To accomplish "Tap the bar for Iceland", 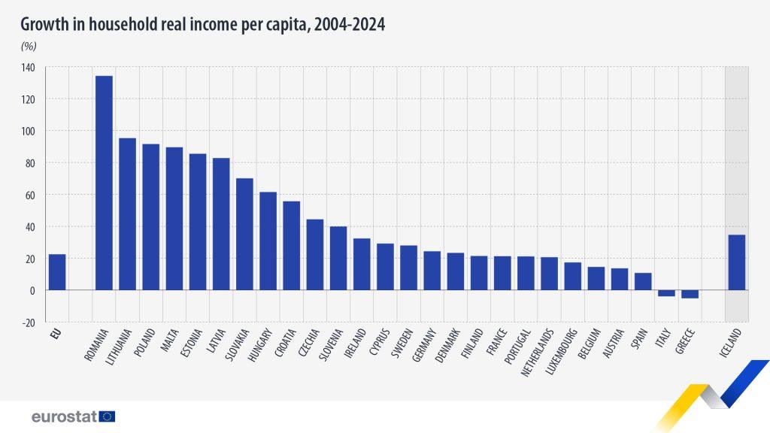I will (736, 262).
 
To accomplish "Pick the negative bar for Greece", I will (690, 294).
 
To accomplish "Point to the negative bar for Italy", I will (666, 293).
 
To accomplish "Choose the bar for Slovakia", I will (244, 234).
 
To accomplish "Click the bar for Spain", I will (643, 281).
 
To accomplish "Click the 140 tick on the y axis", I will (28, 68).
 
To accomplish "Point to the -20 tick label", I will (29, 322).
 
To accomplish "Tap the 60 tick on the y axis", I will (30, 195).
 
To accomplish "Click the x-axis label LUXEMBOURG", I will (563, 351).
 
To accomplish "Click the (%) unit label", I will (29, 47).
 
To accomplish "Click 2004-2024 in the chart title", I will (349, 25).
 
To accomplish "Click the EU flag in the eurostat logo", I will (107, 416).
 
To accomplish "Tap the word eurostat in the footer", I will (64, 416).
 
